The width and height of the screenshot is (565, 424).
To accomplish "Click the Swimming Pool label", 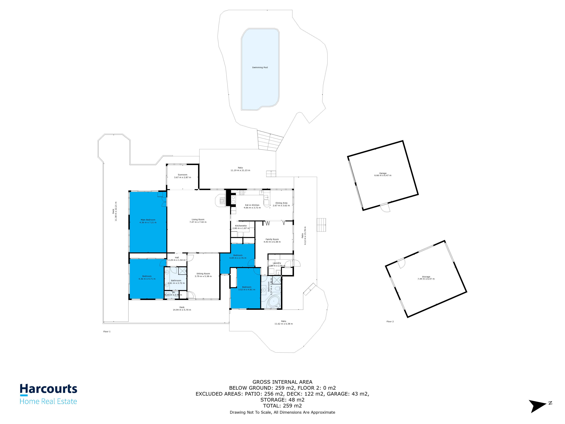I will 260,67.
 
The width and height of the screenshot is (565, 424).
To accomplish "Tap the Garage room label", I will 383,173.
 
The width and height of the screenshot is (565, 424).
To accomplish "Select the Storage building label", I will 426,277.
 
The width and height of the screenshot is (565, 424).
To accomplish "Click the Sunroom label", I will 182,175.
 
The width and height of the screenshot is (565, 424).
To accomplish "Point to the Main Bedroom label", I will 148,220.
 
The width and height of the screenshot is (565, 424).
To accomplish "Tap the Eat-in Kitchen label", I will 252,205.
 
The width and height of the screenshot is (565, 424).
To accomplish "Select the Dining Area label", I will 281,203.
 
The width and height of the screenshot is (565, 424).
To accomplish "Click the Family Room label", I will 272,239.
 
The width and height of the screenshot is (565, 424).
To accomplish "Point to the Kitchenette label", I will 241,226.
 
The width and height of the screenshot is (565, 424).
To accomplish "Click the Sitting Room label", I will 203,274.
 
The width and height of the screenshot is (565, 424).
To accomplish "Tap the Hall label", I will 177,258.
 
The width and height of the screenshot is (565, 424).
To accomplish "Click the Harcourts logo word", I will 48,389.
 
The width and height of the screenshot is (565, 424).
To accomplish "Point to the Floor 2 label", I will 390,322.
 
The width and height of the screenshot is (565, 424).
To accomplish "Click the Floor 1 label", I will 107,331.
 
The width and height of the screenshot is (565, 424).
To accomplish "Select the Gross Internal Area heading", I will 282,382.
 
